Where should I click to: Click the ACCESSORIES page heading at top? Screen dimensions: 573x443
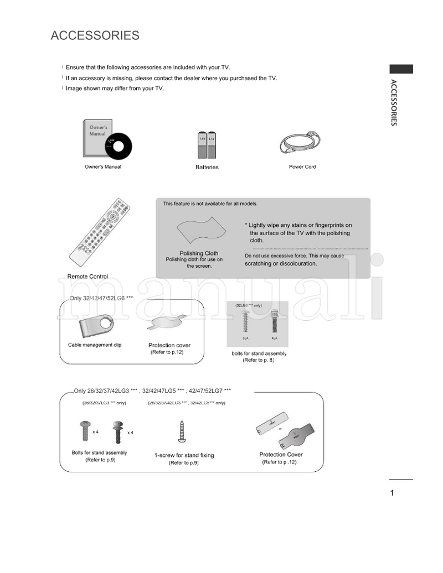point(95,36)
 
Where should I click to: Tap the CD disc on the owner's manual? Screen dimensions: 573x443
point(120,145)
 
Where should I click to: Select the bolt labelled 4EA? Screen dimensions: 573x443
point(274,321)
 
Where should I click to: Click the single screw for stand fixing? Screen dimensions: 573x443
point(182,431)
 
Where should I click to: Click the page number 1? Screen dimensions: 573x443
point(392,493)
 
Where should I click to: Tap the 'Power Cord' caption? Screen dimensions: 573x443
point(302,166)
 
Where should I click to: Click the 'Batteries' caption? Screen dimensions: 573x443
point(207,167)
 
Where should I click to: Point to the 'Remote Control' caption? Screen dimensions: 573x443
point(87,277)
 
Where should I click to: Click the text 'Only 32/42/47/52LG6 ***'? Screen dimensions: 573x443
point(101,298)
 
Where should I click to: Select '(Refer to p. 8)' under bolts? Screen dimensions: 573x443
point(258,360)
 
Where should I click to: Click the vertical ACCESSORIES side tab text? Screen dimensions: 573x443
point(393,103)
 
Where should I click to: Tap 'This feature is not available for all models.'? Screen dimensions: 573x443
point(210,204)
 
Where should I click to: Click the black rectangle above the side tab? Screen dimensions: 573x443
point(401,69)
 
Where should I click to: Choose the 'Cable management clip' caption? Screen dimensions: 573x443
point(95,345)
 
